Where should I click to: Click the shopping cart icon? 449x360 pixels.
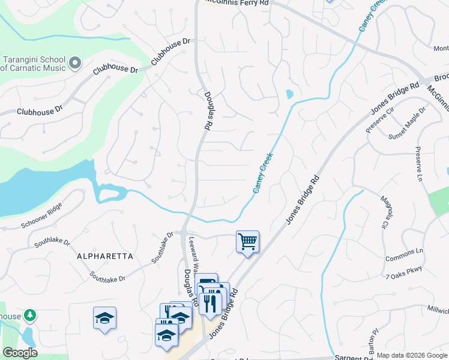247,241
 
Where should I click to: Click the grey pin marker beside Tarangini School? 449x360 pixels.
75,62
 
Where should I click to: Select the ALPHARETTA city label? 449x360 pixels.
105,256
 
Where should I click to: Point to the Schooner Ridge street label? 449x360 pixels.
41,217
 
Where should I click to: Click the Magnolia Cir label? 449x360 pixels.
382,212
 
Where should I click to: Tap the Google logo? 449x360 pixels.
20,353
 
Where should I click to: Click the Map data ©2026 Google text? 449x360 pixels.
412,356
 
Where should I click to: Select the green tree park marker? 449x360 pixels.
29,316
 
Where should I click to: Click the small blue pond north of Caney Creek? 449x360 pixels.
289,94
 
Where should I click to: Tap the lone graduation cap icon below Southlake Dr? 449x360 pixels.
104,318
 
